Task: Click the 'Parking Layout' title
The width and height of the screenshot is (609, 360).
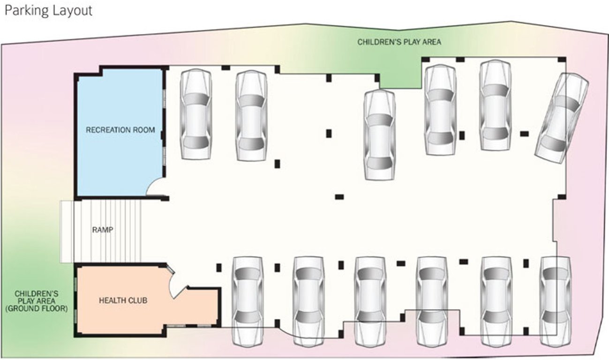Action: click(48, 11)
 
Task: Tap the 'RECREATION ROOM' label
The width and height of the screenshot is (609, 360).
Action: click(120, 130)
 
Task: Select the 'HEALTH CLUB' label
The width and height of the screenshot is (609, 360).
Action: click(123, 300)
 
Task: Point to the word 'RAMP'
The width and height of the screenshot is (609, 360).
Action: click(103, 230)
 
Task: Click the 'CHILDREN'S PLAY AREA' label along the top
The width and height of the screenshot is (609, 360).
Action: click(399, 42)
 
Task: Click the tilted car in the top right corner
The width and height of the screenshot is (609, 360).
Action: click(562, 119)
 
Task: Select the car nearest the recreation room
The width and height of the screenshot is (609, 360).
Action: click(196, 114)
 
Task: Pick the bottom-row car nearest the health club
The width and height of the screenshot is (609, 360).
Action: click(248, 301)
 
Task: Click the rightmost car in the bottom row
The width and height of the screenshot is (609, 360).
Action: click(555, 301)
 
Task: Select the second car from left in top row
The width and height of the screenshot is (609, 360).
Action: click(251, 115)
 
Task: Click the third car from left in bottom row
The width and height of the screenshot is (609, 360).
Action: click(370, 301)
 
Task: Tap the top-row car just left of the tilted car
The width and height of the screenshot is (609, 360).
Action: click(495, 105)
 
